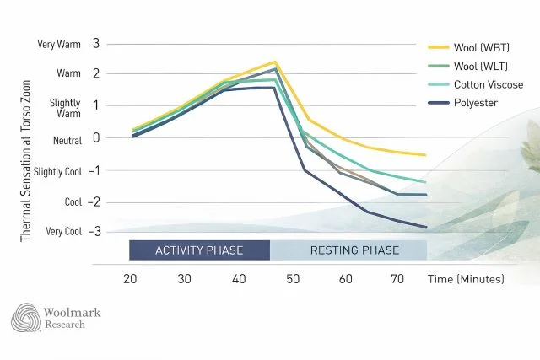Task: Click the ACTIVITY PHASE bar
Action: [x=198, y=250]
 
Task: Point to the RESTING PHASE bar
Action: [x=348, y=250]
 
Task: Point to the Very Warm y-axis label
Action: [x=59, y=45]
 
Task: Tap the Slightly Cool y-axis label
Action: [x=56, y=171]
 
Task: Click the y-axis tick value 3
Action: [x=96, y=43]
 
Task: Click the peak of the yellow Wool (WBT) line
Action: [x=274, y=62]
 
